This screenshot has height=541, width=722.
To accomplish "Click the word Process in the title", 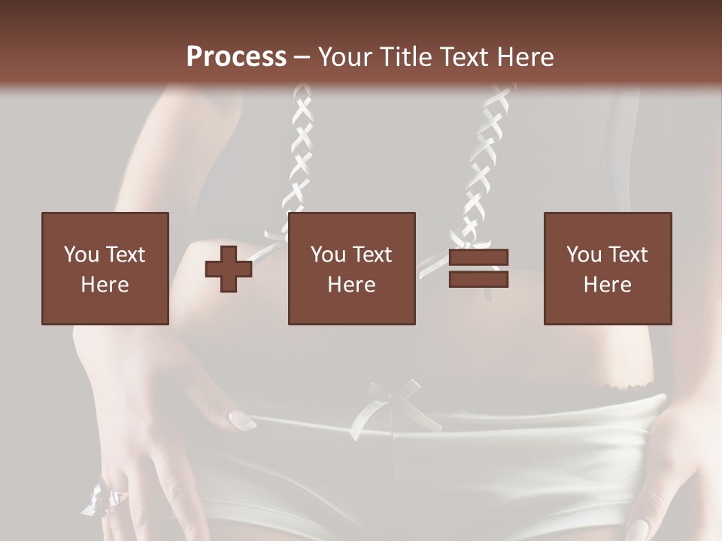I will click(236, 57).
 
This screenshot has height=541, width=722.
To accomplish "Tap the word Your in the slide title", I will click(346, 57).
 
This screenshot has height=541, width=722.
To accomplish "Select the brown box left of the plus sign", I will click(105, 268).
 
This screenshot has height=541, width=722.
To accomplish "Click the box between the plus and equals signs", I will click(351, 268).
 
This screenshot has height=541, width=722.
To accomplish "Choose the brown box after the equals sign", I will click(607, 268).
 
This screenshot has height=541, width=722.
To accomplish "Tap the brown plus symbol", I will click(229, 268).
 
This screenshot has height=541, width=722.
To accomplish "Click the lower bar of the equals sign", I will click(478, 279).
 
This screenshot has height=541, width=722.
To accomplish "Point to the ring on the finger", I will click(113, 497).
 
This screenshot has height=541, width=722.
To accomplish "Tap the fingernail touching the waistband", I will click(241, 420).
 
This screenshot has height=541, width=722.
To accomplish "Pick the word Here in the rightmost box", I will click(607, 284).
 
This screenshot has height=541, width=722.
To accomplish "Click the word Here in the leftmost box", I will click(105, 284).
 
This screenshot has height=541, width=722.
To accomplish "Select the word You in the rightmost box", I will click(582, 255).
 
